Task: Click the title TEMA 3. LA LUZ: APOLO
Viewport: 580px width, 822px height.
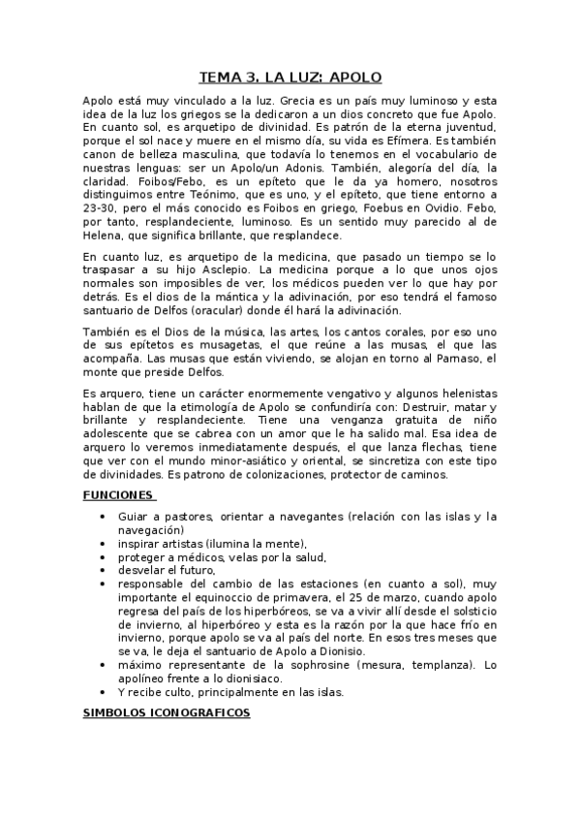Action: tap(290, 77)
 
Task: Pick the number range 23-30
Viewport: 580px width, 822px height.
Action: tap(102, 207)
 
